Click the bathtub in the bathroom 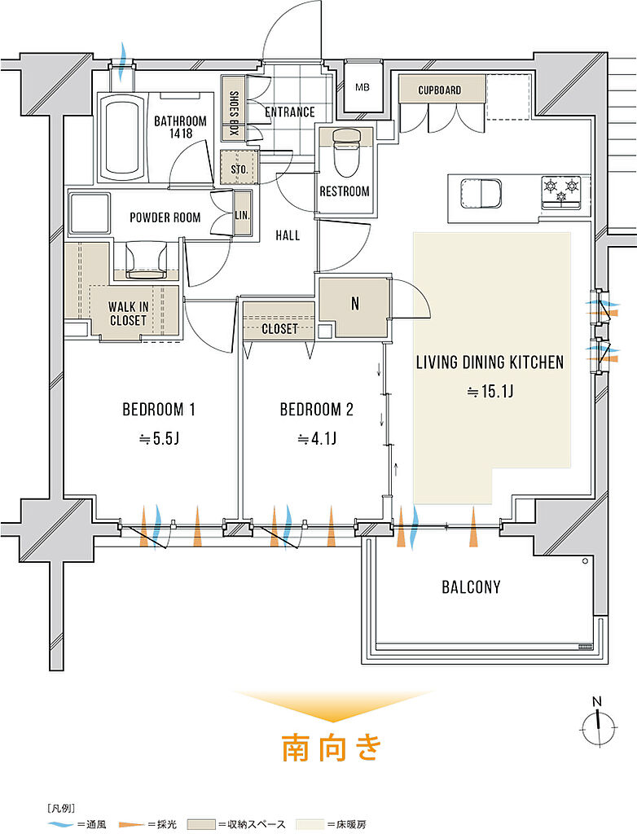[x=124, y=137]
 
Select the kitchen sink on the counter [x=481, y=193]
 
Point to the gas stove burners [x=561, y=190]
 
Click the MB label [x=362, y=87]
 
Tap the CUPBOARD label [x=440, y=90]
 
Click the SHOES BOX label [x=234, y=113]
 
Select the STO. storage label [x=239, y=169]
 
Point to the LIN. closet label [x=242, y=215]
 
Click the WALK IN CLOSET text [x=128, y=314]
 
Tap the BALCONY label [x=471, y=586]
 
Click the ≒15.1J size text [x=490, y=392]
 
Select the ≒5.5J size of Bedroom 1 [x=159, y=439]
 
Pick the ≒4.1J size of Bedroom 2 [x=317, y=439]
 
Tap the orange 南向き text [x=332, y=748]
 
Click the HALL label [x=288, y=235]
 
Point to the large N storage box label [x=355, y=304]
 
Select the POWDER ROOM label [x=165, y=217]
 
